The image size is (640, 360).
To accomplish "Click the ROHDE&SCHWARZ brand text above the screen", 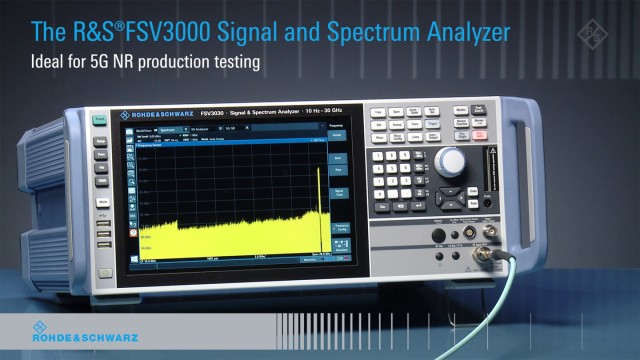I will [160, 109].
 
